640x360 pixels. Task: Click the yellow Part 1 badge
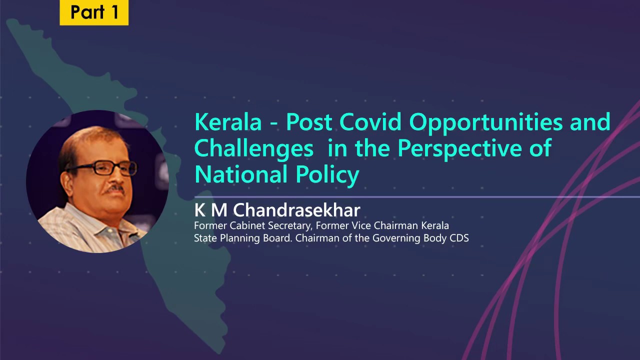pyautogui.click(x=94, y=12)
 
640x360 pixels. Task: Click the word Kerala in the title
pyautogui.click(x=228, y=122)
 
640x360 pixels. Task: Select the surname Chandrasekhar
pyautogui.click(x=296, y=210)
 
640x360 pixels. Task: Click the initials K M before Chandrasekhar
pyautogui.click(x=210, y=210)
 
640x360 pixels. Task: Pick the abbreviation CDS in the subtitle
pyautogui.click(x=459, y=238)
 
